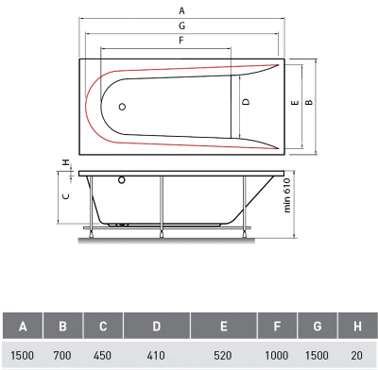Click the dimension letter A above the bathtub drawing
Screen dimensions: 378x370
[x=181, y=11]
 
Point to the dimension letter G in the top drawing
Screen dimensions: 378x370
[x=181, y=25]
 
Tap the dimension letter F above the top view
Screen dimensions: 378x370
[x=181, y=41]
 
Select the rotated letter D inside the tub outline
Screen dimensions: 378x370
[x=246, y=102]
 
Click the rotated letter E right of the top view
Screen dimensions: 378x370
[x=295, y=103]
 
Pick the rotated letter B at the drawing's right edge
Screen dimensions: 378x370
[x=309, y=102]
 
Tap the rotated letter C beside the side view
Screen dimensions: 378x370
[x=66, y=196]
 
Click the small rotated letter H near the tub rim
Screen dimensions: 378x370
[x=66, y=162]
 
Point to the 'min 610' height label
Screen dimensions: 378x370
[x=287, y=195]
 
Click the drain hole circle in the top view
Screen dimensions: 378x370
[x=123, y=107]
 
